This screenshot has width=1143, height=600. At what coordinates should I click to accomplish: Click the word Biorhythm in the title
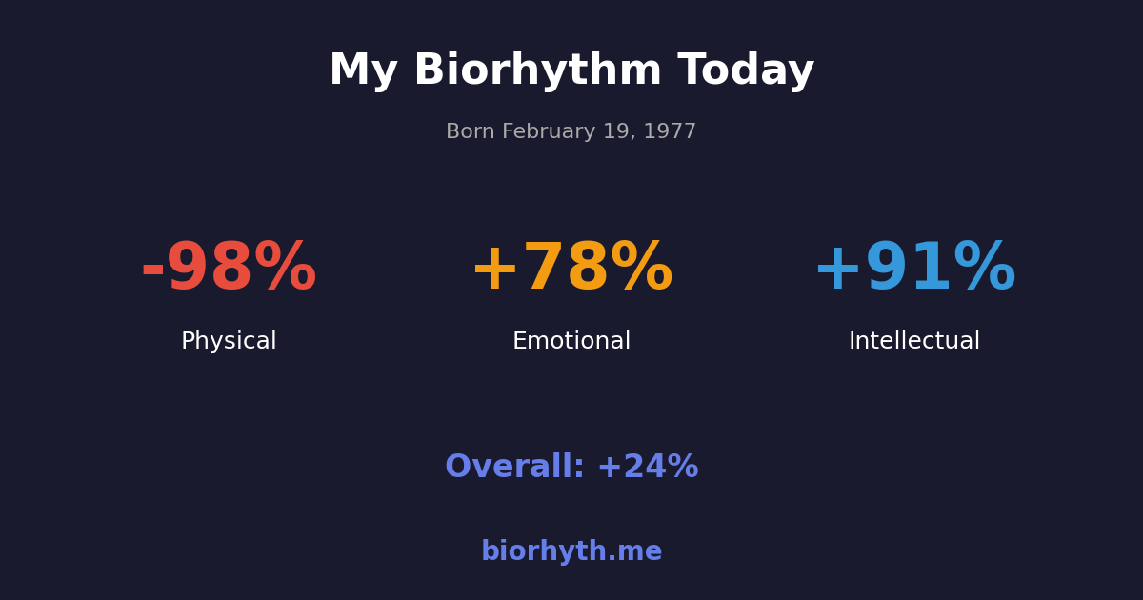click(x=537, y=71)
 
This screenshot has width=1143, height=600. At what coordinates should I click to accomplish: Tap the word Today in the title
click(x=746, y=71)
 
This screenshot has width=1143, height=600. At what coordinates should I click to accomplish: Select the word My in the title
click(x=363, y=71)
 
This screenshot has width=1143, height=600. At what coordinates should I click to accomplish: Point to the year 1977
click(x=670, y=132)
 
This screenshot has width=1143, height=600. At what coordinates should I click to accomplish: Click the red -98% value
click(x=229, y=270)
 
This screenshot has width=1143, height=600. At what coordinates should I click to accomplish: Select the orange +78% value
click(x=571, y=270)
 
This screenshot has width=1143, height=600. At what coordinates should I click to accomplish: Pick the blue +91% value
click(x=914, y=270)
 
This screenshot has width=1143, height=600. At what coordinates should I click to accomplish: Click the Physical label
click(x=229, y=342)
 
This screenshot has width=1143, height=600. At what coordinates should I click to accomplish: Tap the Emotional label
click(x=571, y=342)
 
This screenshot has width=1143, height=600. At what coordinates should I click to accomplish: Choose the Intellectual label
click(x=914, y=342)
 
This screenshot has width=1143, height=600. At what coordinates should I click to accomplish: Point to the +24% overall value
click(x=648, y=468)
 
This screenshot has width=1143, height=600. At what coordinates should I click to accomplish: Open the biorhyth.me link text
click(x=571, y=552)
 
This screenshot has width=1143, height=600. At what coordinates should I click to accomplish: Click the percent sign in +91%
click(x=985, y=270)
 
